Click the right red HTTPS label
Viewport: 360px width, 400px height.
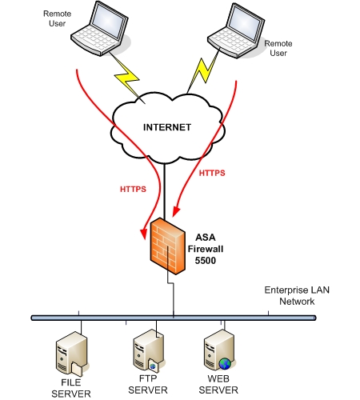pyautogui.click(x=211, y=172)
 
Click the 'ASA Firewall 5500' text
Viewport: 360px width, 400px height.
pyautogui.click(x=212, y=249)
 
